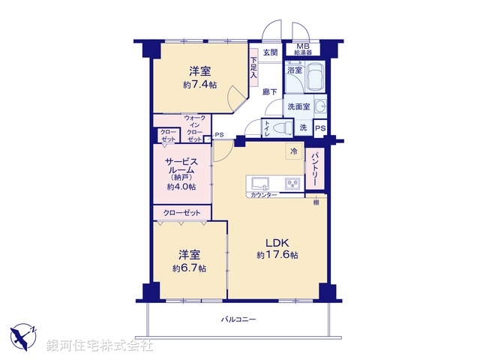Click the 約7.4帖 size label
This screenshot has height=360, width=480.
coord(199,85)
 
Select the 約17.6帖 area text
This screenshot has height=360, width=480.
coord(277,255)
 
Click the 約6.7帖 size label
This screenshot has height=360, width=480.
coord(189,268)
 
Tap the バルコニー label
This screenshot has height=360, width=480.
coord(238,319)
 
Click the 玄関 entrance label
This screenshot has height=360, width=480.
coord(270,52)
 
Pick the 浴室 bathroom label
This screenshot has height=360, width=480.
coord(294,70)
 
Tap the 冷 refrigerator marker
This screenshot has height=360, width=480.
coord(293,151)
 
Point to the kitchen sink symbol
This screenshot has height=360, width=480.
coord(263,183)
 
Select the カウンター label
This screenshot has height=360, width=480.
coord(263,195)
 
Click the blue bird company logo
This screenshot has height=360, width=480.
coord(25,335)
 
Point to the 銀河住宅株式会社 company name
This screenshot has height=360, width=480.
coord(100,346)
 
